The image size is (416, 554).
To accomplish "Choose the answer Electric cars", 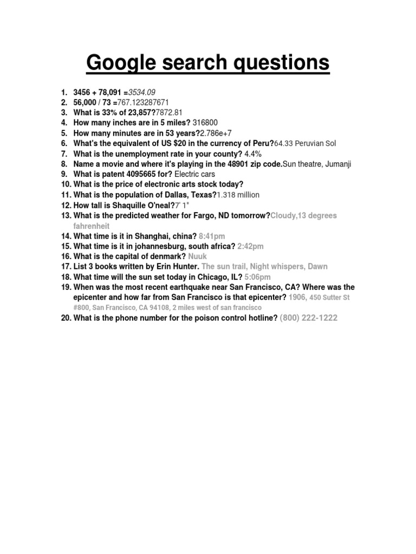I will coord(194,174).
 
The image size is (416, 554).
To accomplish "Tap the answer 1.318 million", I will coord(238,195).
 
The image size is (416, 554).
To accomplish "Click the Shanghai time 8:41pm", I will coord(212,236).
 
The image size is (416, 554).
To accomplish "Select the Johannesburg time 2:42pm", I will coord(251,246).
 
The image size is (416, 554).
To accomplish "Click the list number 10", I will coord(66,184).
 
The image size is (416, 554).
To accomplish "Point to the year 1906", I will coord(297,298).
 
